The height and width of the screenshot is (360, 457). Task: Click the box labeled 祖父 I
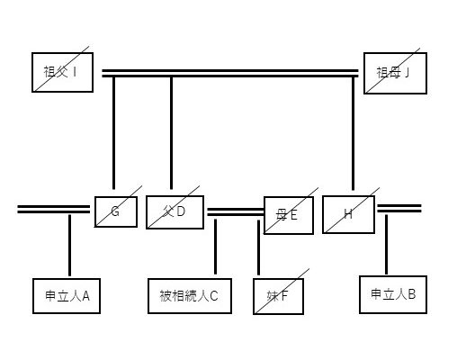pos(62,72)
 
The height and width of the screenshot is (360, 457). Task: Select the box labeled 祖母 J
pos(395,73)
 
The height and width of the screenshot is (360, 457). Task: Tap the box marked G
pos(116,211)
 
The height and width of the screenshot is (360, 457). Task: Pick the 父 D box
pos(175,212)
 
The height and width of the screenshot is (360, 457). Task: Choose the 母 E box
pos(289,215)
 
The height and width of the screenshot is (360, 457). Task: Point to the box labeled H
pos(348,214)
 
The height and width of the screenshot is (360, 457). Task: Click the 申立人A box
pos(67,296)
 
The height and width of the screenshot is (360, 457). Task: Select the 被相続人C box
pos(190,296)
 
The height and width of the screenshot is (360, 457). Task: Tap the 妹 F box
pos(278,296)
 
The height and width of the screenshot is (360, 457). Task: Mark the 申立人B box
pos(393,294)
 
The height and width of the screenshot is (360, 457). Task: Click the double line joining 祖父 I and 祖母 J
pos(230,74)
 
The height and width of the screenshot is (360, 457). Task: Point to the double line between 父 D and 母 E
pos(236,212)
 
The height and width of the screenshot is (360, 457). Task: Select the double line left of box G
pos(54,210)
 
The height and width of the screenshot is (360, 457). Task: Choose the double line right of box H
pos(399,209)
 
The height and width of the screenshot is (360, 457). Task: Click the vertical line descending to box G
pos(113,133)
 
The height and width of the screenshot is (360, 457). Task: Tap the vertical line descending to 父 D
pos(171,133)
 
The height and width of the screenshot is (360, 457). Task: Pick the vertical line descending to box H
pos(353,134)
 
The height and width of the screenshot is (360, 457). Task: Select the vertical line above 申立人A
pos(69,245)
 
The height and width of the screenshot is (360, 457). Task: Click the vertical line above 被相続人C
pos(215,247)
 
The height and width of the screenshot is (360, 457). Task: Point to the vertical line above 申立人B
pos(386,244)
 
